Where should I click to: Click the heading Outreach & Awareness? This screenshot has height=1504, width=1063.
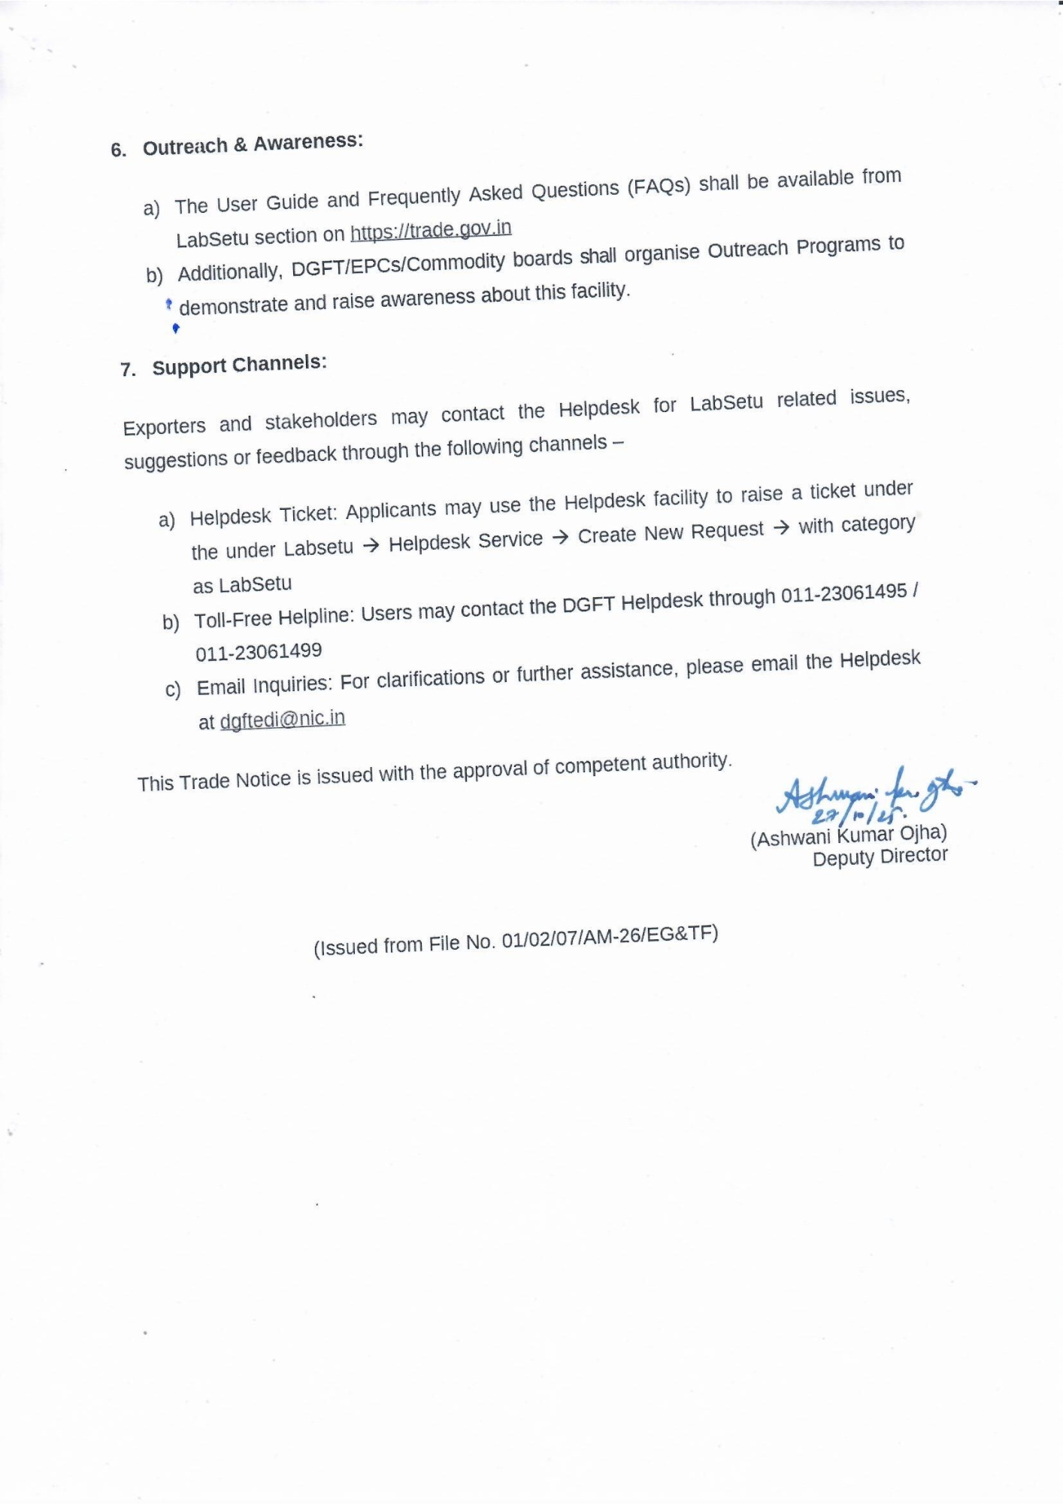(253, 144)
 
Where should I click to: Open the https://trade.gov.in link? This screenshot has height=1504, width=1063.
(431, 230)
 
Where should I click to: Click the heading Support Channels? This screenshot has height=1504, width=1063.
(239, 365)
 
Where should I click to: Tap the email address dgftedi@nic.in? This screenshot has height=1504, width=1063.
(283, 720)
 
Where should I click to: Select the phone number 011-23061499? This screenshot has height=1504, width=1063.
(259, 651)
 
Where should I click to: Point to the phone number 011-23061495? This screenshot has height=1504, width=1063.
(843, 594)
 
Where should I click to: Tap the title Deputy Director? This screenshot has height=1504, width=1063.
(880, 857)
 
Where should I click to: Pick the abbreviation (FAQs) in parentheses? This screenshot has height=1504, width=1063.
(659, 186)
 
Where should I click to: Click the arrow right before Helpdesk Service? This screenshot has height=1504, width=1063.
(371, 545)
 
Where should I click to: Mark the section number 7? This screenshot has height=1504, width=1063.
(128, 369)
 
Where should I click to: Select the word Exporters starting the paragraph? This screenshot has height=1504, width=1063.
(164, 426)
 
